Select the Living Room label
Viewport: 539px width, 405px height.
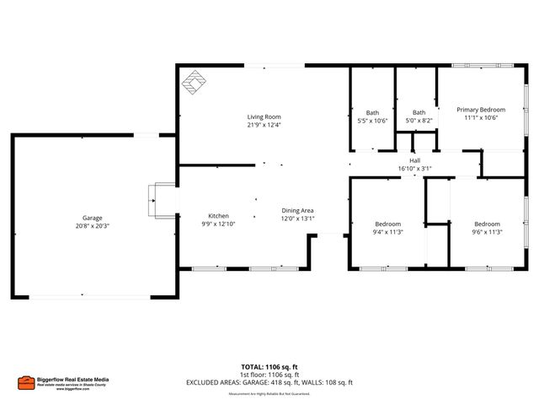(x=264, y=116)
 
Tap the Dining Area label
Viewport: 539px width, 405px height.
(x=297, y=210)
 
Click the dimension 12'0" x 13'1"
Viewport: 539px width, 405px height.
(x=297, y=219)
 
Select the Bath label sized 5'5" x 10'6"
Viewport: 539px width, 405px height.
(x=372, y=112)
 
